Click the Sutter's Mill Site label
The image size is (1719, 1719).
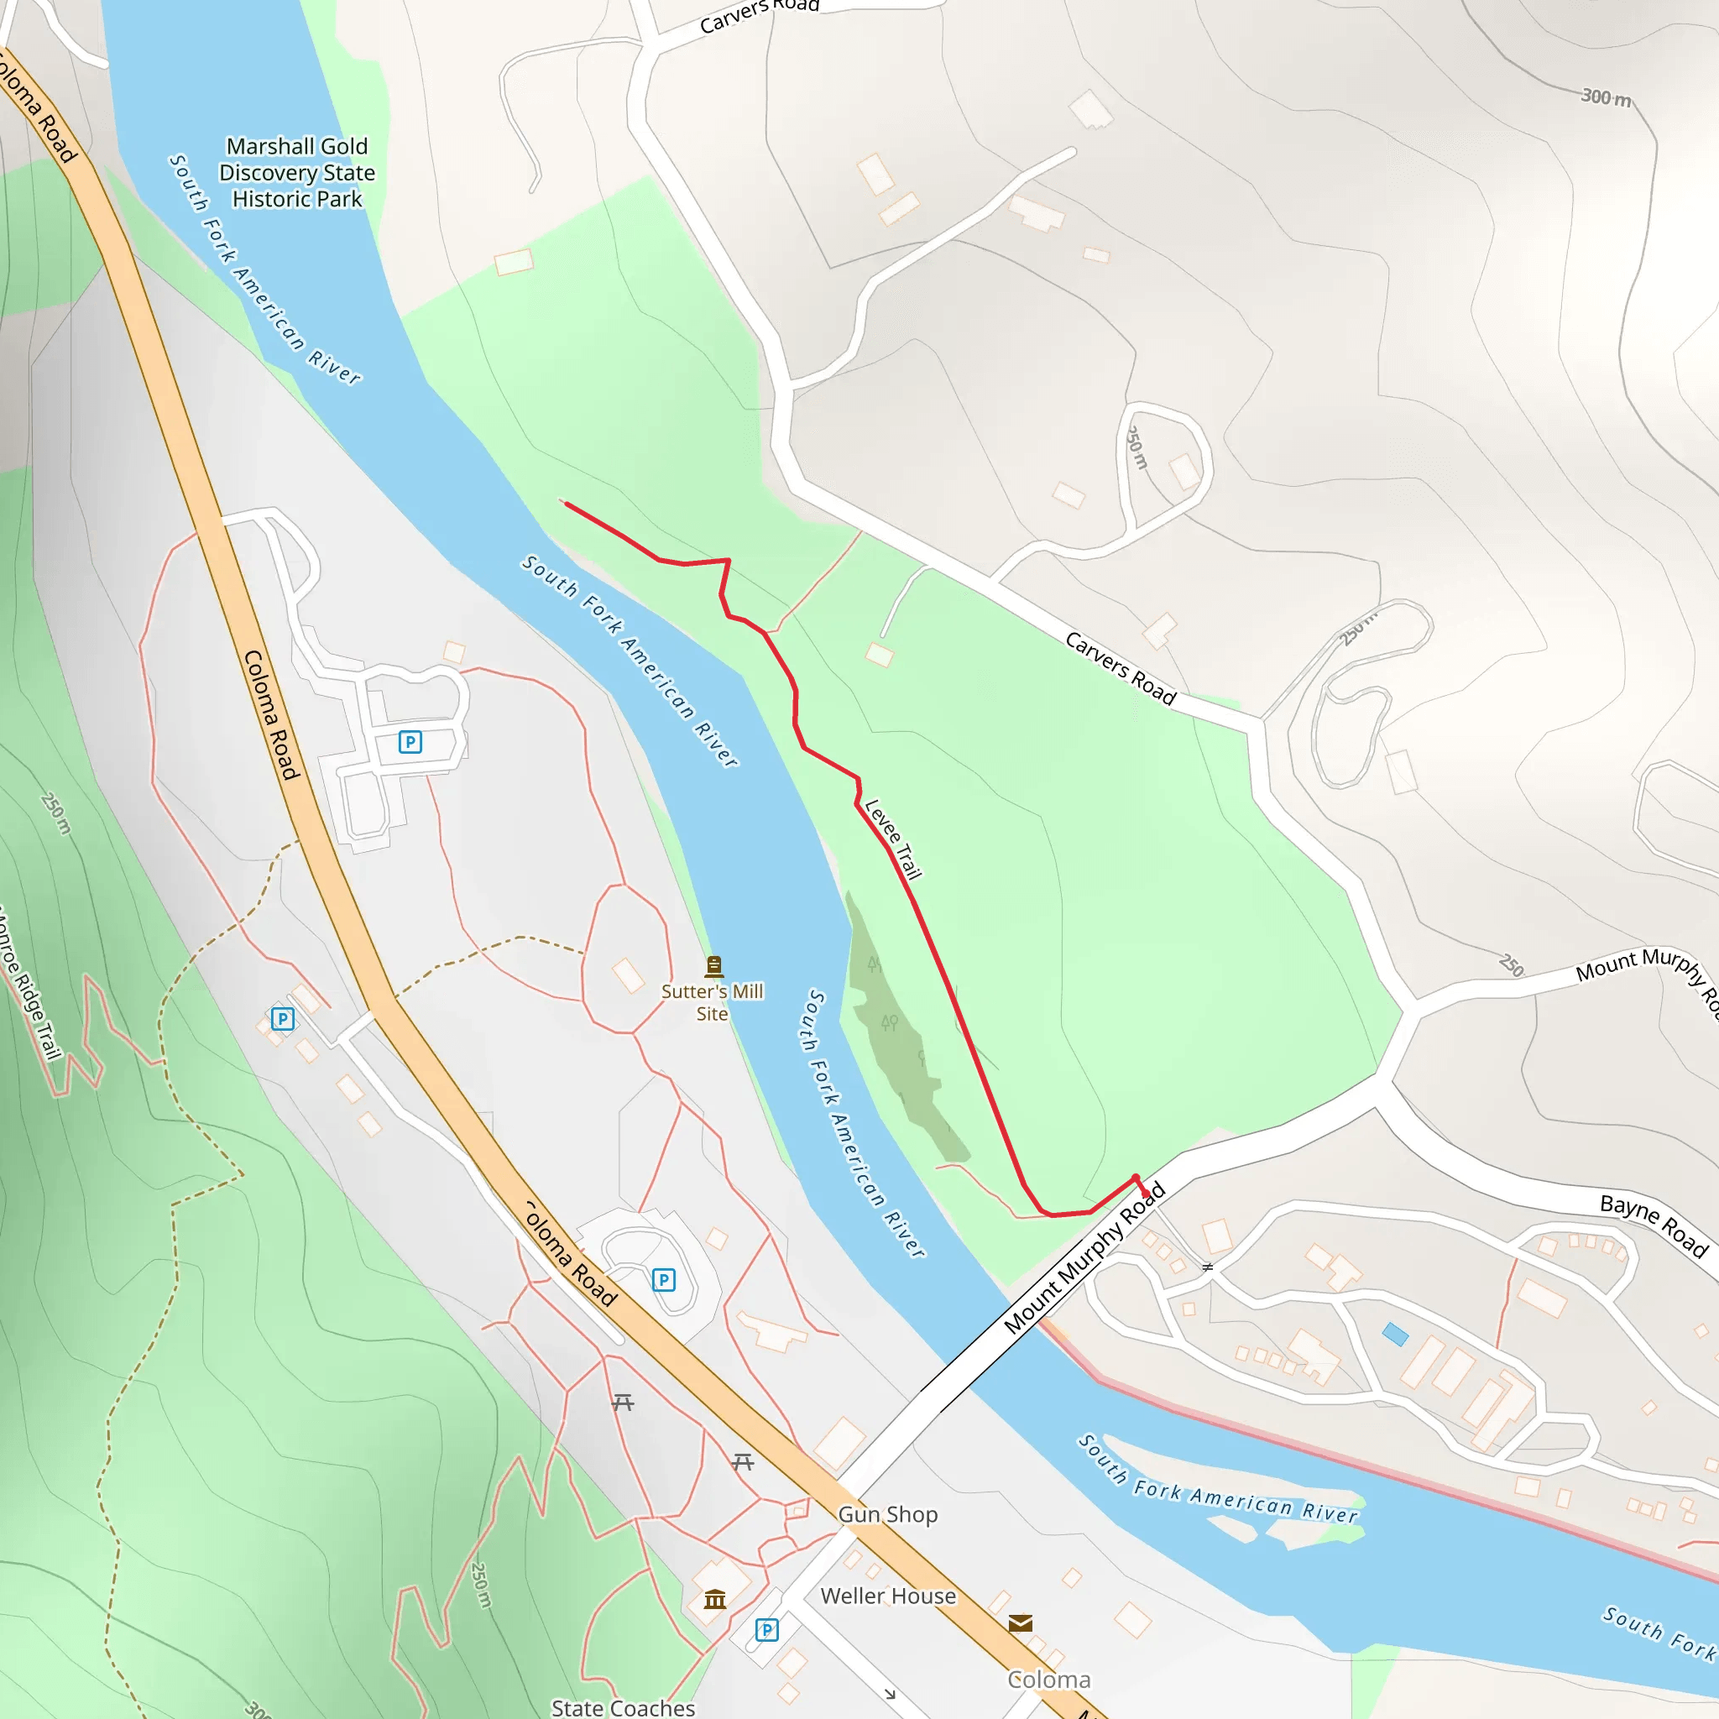(x=712, y=1002)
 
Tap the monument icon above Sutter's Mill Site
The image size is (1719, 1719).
(x=713, y=965)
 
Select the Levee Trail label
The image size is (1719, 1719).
(x=892, y=839)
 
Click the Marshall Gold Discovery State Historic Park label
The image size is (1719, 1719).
(x=297, y=173)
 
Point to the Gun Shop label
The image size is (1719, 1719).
(x=887, y=1514)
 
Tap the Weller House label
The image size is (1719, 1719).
(x=888, y=1596)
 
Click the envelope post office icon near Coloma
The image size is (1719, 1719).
(x=1021, y=1623)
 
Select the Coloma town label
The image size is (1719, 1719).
(x=1048, y=1680)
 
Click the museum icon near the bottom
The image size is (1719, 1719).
(x=715, y=1600)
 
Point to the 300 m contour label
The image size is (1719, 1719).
(x=1606, y=97)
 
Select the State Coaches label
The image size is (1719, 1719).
(x=623, y=1707)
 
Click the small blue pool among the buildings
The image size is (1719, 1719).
(x=1395, y=1335)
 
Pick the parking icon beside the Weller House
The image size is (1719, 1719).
(x=766, y=1630)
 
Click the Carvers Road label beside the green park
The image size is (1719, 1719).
(x=1121, y=668)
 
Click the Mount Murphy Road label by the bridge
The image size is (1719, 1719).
(x=1084, y=1258)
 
